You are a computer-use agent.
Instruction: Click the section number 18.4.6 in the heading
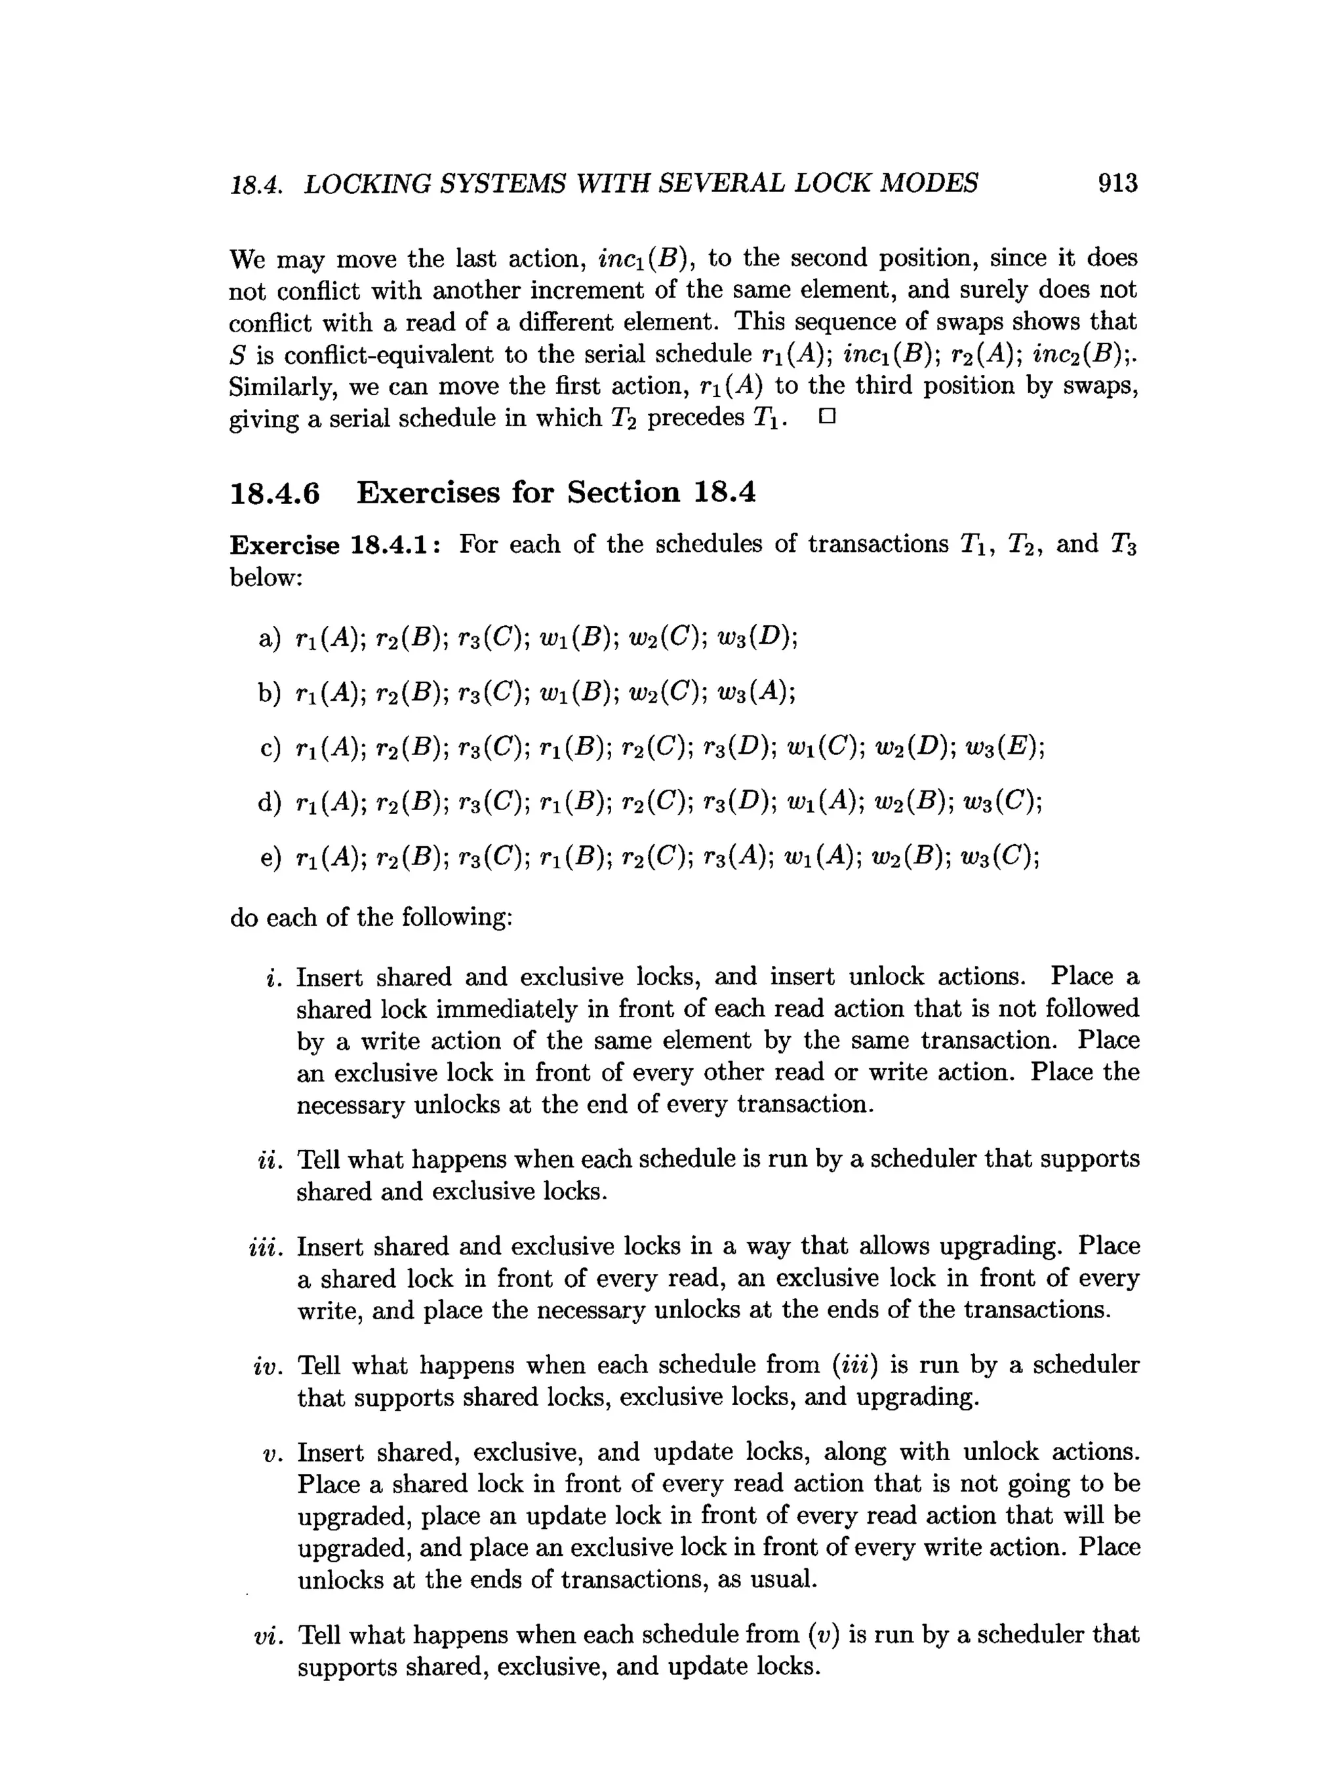(274, 493)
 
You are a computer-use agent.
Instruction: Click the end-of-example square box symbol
(827, 417)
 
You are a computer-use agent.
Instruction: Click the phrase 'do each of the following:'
(371, 917)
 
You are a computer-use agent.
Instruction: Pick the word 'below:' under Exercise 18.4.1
(266, 577)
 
